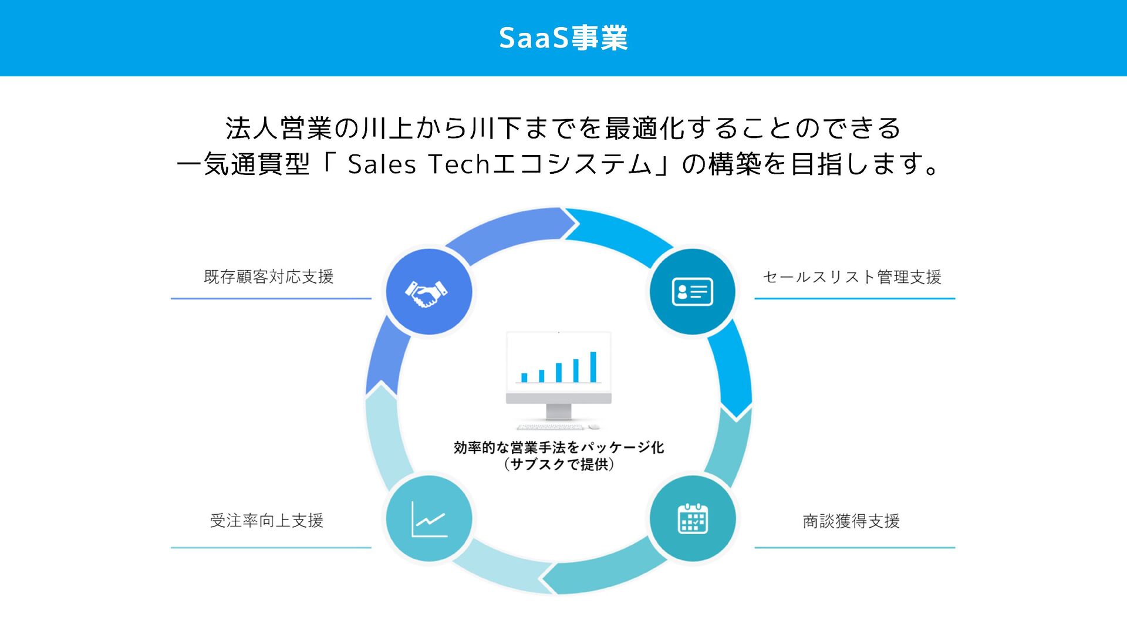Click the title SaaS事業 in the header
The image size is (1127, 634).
point(563,38)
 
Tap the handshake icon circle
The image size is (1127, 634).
point(428,291)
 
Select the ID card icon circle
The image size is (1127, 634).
point(693,292)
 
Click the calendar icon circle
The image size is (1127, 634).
point(693,519)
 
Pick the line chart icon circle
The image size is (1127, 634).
point(428,519)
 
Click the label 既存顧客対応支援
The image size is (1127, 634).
point(269,276)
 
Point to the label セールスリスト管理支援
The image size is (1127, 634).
point(852,277)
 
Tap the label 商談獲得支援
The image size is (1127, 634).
point(851,521)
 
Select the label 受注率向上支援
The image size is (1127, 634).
point(267,521)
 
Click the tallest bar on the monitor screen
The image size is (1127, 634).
point(593,367)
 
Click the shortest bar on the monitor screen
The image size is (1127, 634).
point(524,377)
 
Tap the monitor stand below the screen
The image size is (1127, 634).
point(558,411)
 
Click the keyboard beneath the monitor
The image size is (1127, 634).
point(551,427)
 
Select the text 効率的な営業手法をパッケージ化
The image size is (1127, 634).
point(559,447)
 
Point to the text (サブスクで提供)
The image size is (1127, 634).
point(559,464)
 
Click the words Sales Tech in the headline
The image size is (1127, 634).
point(419,164)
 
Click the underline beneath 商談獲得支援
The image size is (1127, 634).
point(855,548)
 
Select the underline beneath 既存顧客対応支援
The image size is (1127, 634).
point(271,298)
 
